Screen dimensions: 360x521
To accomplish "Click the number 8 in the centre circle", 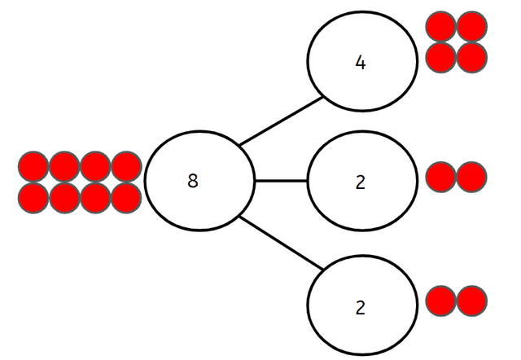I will click(193, 181).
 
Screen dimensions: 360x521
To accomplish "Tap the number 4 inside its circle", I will click(361, 62).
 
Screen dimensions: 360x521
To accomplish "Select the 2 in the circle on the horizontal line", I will click(361, 181).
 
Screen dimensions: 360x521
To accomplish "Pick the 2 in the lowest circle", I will click(361, 308).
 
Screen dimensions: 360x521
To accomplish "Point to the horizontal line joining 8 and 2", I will click(280, 180).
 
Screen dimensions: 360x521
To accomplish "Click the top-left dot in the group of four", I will click(441, 26).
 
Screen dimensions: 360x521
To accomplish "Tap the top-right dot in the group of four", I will click(471, 26).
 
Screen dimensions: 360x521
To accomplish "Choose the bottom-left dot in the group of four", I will click(441, 56).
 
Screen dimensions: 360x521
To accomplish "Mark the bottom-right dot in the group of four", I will click(471, 56).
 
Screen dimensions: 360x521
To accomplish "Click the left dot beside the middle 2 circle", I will click(441, 177).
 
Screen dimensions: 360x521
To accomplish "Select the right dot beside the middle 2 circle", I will click(471, 177).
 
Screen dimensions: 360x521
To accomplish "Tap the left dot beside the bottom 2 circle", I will click(441, 301).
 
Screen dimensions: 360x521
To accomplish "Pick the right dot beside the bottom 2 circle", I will click(471, 301).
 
